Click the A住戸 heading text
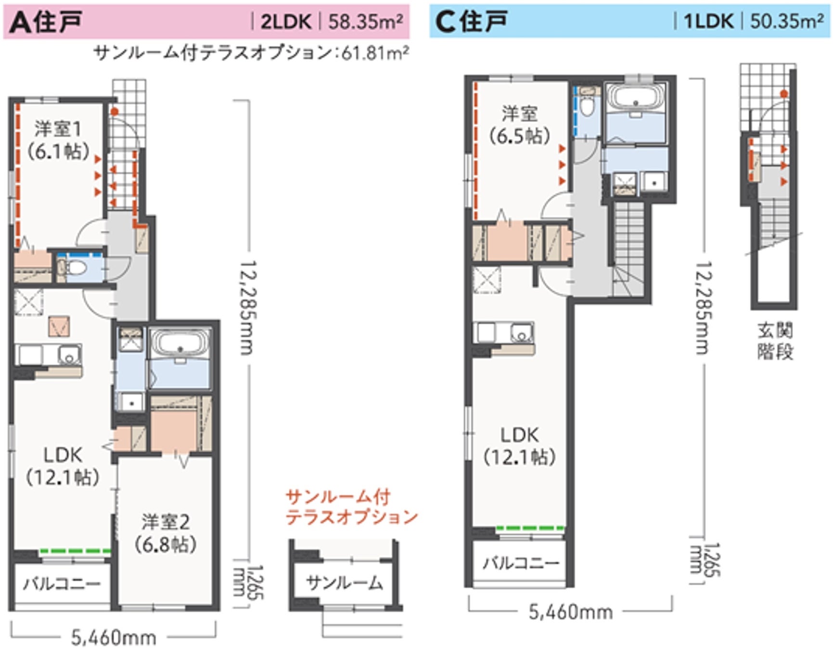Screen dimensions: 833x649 [46, 22]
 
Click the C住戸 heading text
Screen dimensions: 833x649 [471, 22]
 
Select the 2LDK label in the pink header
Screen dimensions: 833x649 [286, 22]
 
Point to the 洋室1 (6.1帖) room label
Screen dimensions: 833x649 [58, 140]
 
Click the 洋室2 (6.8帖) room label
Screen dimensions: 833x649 [166, 533]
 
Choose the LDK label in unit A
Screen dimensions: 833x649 [63, 465]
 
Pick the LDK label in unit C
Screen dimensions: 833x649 [519, 446]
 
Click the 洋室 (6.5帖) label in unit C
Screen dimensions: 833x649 [519, 125]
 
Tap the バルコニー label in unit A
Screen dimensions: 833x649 [62, 584]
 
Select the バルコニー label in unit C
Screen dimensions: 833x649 [521, 562]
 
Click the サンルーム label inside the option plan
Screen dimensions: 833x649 [345, 583]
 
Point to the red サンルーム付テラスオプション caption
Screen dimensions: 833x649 [351, 507]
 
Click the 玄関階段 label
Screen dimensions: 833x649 [775, 341]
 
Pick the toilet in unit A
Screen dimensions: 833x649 [73, 268]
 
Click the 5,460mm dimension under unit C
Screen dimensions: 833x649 [571, 612]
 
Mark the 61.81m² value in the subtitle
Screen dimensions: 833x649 [375, 52]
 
